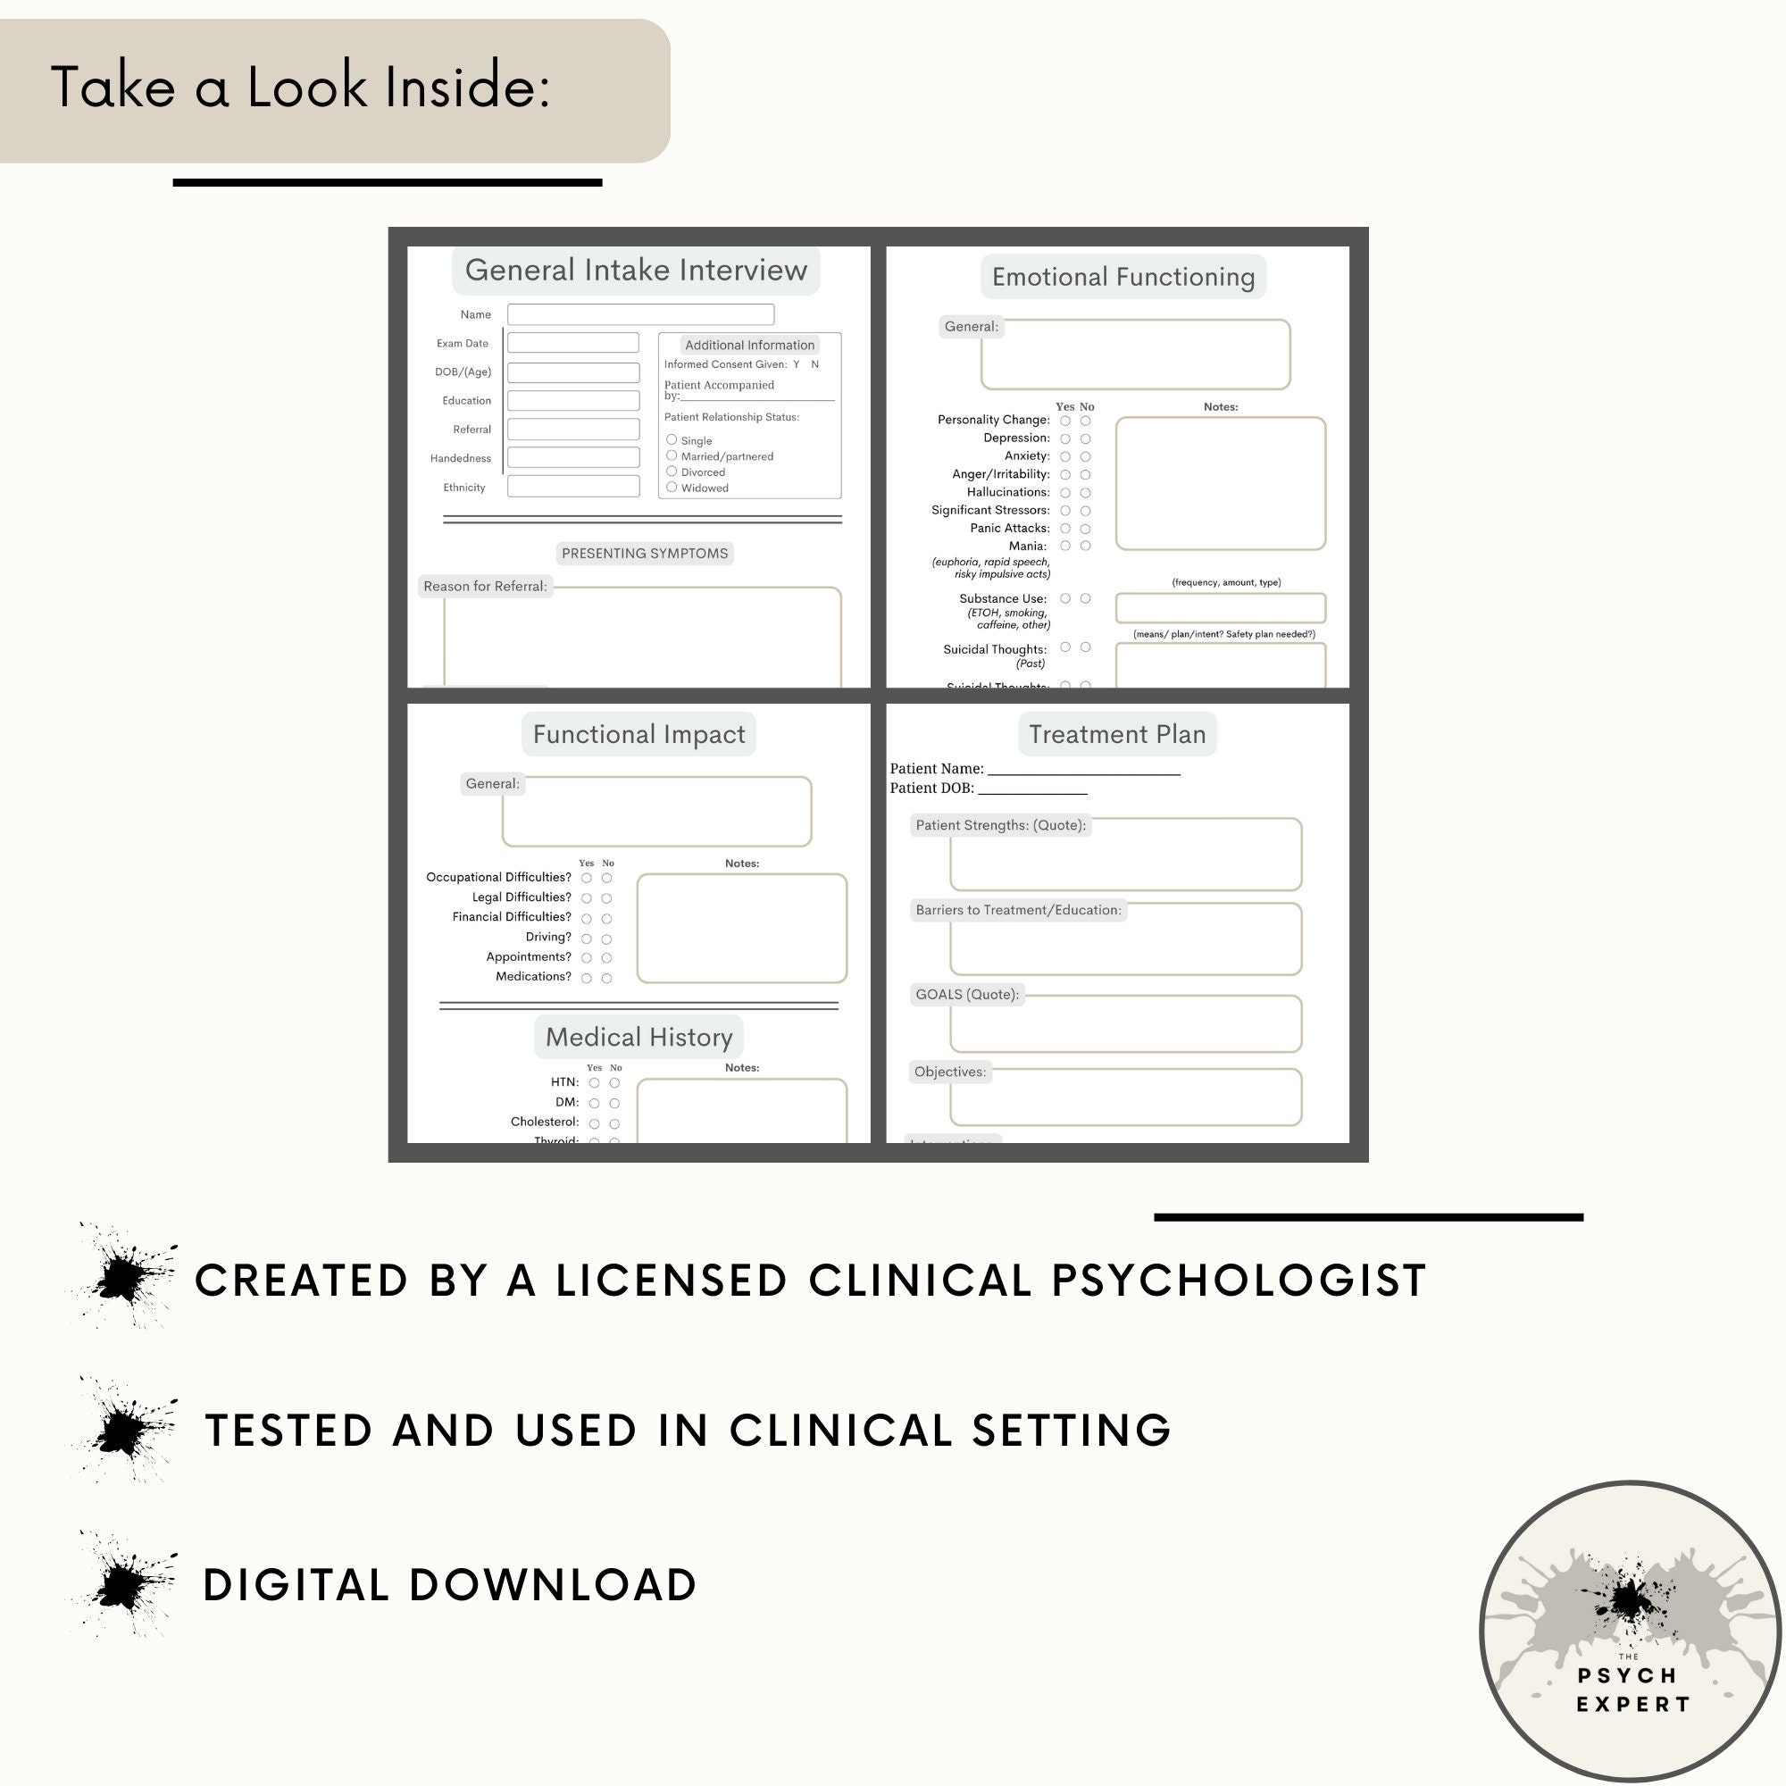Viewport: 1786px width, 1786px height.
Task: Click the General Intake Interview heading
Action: [x=635, y=270]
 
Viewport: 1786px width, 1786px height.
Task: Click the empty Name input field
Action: [x=639, y=314]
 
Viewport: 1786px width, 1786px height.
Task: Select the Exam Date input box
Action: [x=573, y=343]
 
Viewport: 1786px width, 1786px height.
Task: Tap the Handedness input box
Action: [x=573, y=457]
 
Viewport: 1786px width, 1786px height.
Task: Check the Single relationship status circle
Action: [x=672, y=440]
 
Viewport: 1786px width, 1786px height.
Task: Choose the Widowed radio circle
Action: [x=672, y=488]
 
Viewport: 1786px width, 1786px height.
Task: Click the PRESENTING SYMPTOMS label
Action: [x=645, y=553]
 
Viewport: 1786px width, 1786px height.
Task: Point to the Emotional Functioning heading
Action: [x=1123, y=277]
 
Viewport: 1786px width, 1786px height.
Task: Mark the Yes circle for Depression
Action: [x=1065, y=439]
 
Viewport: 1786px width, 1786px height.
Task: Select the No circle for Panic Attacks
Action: [x=1085, y=529]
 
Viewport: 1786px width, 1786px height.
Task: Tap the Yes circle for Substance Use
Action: [x=1065, y=599]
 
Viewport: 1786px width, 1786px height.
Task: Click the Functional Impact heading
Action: [x=638, y=734]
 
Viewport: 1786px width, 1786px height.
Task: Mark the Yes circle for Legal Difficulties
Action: [x=586, y=898]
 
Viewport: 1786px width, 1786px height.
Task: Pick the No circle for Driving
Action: [x=606, y=939]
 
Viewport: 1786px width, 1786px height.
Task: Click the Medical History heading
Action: [x=638, y=1037]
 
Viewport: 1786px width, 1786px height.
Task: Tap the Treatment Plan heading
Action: [x=1117, y=734]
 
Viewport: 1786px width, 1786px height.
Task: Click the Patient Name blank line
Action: [x=1083, y=771]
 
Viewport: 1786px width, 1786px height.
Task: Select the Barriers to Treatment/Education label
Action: [x=1018, y=911]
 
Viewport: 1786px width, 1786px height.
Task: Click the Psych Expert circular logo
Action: [x=1630, y=1631]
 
